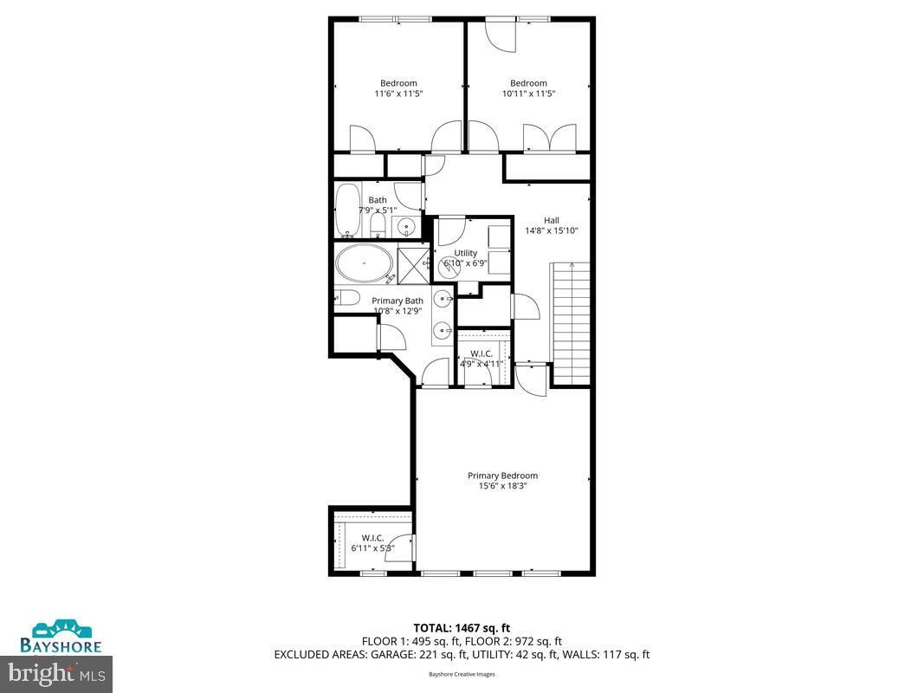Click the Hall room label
(x=552, y=219)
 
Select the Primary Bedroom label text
(x=502, y=475)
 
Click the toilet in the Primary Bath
(x=347, y=298)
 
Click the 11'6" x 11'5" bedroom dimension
(x=397, y=94)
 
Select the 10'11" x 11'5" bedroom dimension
(x=528, y=94)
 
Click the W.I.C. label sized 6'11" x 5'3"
(x=372, y=538)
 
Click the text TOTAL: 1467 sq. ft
(x=462, y=627)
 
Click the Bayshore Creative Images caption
(x=461, y=674)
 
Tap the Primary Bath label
(x=397, y=301)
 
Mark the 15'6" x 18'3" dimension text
(x=502, y=486)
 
